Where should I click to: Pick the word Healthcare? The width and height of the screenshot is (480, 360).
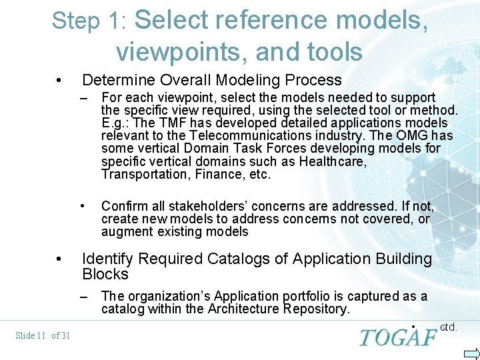pos(331,162)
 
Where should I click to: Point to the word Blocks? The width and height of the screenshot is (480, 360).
pos(105,274)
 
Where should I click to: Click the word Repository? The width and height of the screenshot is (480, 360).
pos(316,309)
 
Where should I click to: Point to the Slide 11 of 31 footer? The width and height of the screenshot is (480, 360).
pos(43,335)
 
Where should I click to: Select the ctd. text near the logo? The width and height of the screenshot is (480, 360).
pos(449,327)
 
